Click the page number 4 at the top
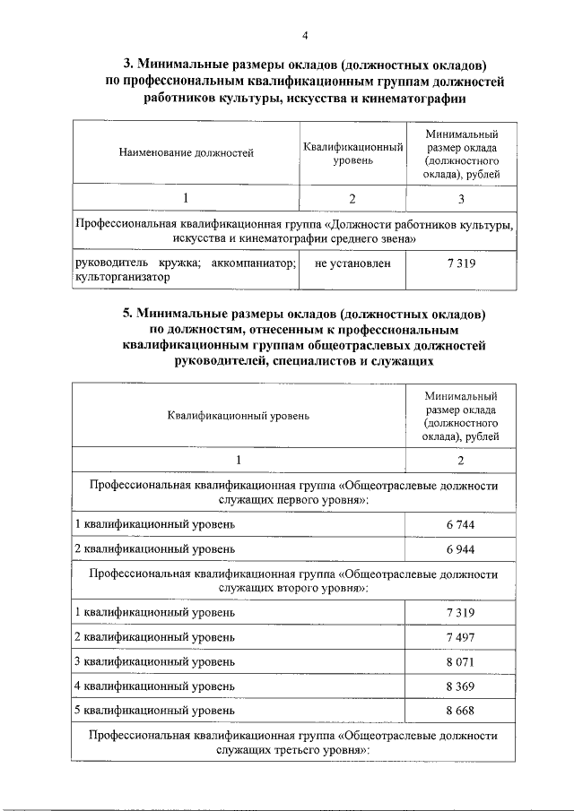click(305, 35)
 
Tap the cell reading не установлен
click(352, 263)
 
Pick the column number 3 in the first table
click(460, 197)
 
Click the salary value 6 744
click(460, 523)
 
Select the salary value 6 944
click(460, 548)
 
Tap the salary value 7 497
click(460, 636)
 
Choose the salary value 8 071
click(460, 661)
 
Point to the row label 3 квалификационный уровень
click(154, 661)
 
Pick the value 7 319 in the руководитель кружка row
click(460, 263)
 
